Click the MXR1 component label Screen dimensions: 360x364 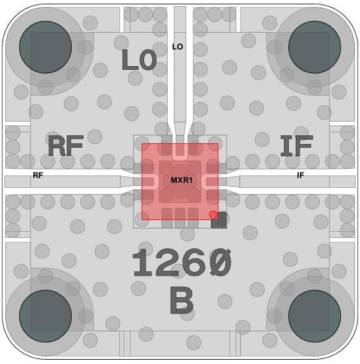[x=181, y=180]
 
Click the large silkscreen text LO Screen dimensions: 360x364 [x=139, y=60]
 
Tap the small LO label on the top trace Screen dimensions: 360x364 [x=178, y=47]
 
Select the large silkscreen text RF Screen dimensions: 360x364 [x=66, y=146]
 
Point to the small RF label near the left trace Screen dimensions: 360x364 [x=38, y=176]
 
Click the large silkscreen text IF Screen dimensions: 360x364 [x=297, y=146]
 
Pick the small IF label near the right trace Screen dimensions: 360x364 [x=300, y=176]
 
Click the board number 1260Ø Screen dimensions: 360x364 [x=182, y=262]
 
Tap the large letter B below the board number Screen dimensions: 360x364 [x=181, y=300]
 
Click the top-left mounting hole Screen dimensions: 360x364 [x=45, y=47]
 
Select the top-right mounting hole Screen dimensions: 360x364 [x=314, y=47]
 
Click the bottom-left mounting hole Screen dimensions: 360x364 [x=45, y=316]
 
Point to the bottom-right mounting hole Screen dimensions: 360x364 [x=314, y=316]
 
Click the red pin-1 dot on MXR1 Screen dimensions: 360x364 [x=213, y=215]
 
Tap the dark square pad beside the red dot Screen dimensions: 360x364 [x=219, y=220]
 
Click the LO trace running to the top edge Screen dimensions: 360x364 [x=180, y=64]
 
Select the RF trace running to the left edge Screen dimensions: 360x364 [x=62, y=182]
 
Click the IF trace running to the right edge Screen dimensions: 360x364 [x=298, y=182]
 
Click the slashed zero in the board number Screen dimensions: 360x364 [x=220, y=262]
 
